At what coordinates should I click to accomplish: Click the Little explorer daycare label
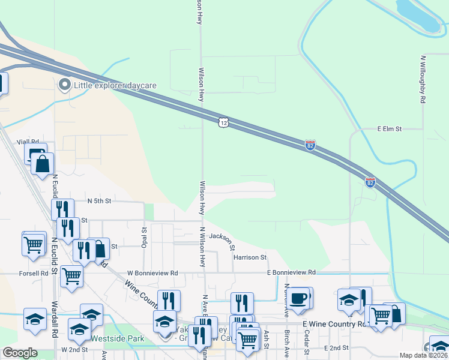(x=115, y=85)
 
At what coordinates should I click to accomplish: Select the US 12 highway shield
(x=223, y=122)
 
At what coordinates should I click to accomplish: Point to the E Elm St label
(x=389, y=128)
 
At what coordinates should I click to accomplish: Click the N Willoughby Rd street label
(x=423, y=81)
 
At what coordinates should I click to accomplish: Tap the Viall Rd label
(x=35, y=142)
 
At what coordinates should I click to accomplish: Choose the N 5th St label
(x=100, y=201)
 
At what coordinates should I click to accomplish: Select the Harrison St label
(x=250, y=257)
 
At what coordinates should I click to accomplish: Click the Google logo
(x=20, y=353)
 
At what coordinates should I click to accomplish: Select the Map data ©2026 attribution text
(x=424, y=355)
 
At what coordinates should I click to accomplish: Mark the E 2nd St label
(x=336, y=348)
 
